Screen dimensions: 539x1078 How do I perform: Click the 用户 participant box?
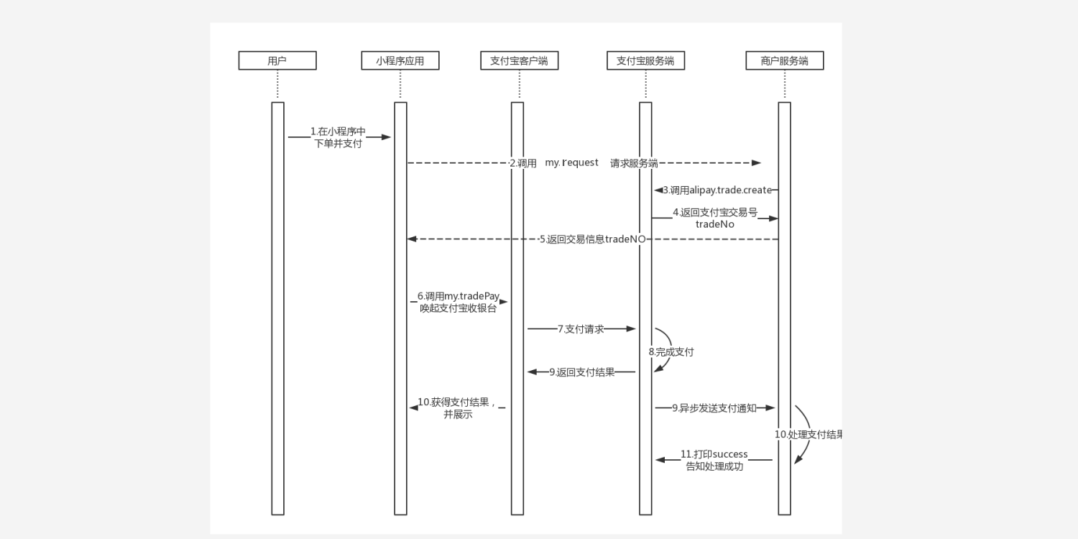coord(277,61)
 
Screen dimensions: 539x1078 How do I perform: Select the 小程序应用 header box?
coord(400,61)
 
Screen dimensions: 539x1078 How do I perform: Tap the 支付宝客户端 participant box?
coord(519,61)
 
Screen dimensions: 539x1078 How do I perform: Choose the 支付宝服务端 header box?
coord(645,61)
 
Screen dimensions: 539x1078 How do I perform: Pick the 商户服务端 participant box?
coord(784,61)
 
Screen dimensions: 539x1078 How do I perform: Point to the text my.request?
coord(571,163)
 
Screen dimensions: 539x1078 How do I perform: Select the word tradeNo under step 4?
coord(714,224)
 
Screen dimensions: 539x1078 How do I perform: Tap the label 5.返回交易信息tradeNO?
coord(592,239)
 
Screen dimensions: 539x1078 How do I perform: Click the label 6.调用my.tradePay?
coord(459,296)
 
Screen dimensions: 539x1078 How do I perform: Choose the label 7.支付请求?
coord(581,329)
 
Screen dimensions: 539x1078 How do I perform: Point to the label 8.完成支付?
coord(671,352)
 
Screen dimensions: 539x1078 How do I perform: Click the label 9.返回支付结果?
coord(582,372)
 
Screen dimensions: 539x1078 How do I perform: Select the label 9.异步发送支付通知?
coord(714,408)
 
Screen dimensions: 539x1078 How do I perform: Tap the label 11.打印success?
coord(714,454)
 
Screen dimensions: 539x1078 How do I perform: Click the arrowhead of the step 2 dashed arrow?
coord(756,163)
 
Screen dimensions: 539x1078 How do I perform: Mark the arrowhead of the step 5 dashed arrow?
coord(412,239)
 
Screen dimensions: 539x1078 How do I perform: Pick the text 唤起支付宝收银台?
coord(459,309)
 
